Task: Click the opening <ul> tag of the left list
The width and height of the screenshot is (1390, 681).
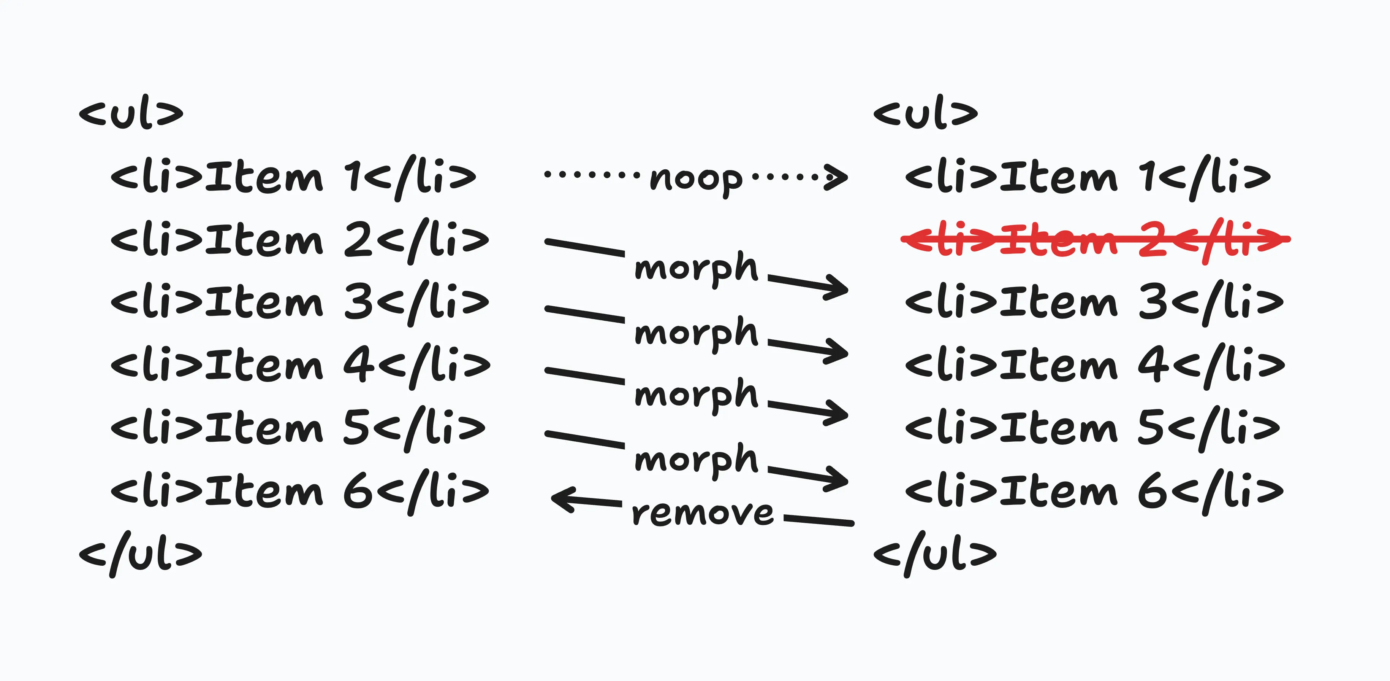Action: point(131,113)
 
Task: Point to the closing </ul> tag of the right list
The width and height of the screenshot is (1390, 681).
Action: point(934,554)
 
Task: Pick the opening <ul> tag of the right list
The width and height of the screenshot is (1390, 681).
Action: point(925,113)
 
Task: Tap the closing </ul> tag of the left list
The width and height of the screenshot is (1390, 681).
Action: point(140,554)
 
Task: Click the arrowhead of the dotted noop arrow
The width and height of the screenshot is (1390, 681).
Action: point(836,177)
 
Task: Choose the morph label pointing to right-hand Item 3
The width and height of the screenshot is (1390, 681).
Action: point(696,268)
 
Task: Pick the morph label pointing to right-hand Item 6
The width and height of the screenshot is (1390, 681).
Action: point(696,459)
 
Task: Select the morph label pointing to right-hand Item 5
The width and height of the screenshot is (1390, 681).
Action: point(696,394)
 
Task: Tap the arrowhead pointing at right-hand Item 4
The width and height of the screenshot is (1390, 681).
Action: point(836,351)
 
